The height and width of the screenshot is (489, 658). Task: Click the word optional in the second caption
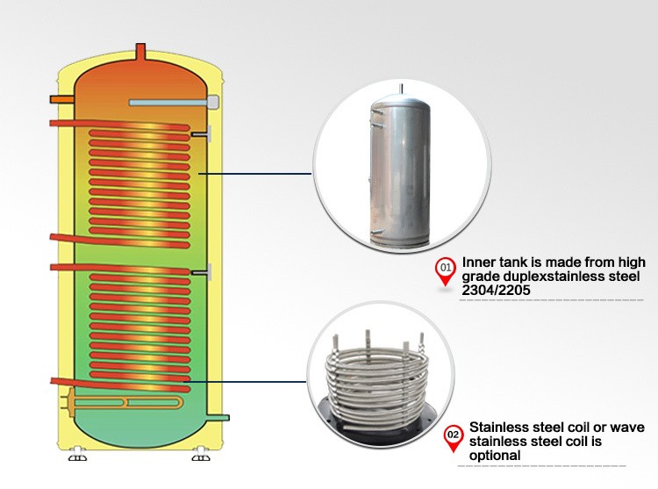[x=496, y=456]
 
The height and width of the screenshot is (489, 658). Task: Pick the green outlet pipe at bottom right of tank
[x=220, y=417]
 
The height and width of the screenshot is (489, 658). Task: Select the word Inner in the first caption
[x=478, y=262]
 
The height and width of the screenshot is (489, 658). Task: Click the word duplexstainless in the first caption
[x=546, y=277]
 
